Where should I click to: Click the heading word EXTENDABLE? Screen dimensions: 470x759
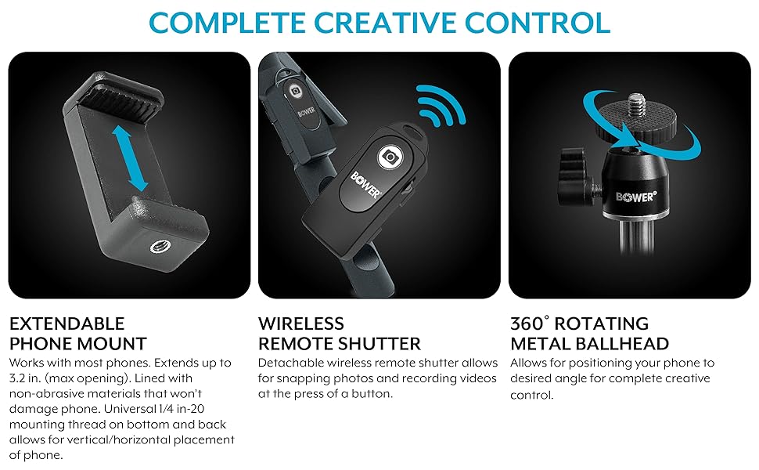[x=67, y=324]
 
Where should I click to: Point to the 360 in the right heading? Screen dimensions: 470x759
[x=527, y=324]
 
